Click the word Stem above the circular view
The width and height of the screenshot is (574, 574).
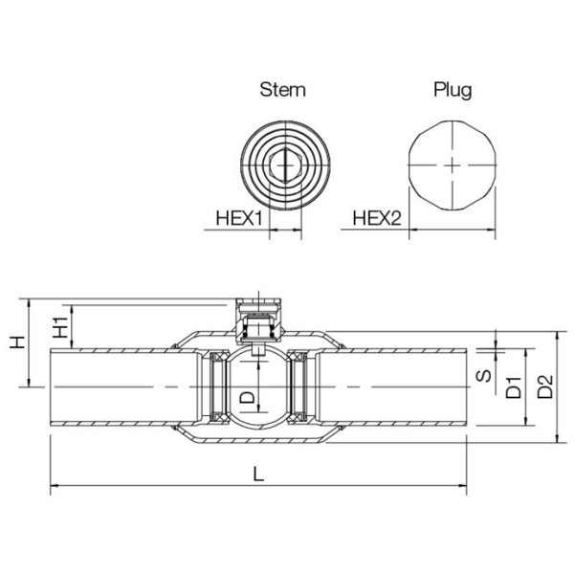(x=283, y=90)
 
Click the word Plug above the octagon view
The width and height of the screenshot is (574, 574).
(x=453, y=90)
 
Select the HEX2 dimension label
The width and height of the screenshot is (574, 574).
(x=376, y=218)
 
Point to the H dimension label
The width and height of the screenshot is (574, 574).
(x=16, y=342)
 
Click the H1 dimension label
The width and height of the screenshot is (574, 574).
(x=59, y=327)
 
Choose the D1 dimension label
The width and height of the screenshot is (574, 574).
(x=513, y=386)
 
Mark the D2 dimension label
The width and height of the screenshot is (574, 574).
(x=544, y=386)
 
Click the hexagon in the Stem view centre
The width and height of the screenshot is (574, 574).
(x=283, y=165)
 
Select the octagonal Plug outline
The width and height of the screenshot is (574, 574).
(x=452, y=165)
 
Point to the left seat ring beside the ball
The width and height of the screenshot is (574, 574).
(x=216, y=386)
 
